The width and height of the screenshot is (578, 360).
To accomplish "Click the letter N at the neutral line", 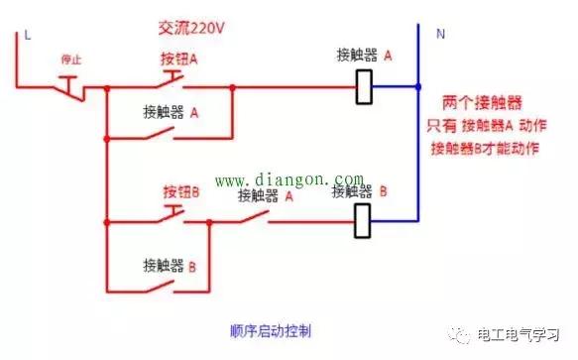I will click(x=440, y=33).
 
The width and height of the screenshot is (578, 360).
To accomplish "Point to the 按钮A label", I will click(x=179, y=59).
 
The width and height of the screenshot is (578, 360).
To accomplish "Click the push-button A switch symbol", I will click(x=174, y=79).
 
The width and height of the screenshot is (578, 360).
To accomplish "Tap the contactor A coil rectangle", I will click(x=365, y=86).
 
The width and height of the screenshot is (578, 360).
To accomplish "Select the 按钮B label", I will click(x=179, y=188).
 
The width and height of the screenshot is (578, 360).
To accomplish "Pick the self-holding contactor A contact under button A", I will click(x=171, y=132).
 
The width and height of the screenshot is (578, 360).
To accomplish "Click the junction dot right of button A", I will click(x=232, y=87).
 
